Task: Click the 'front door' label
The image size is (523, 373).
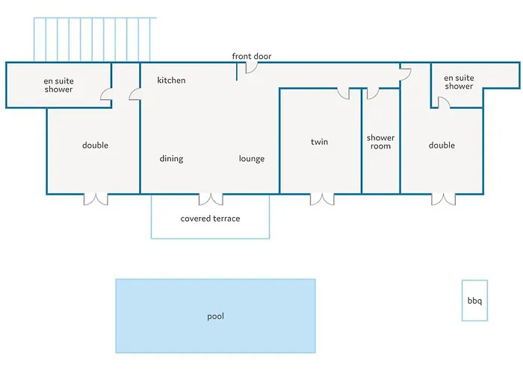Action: (x=252, y=56)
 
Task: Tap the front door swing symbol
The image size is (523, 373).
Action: (x=252, y=68)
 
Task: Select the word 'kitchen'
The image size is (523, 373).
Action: (x=171, y=81)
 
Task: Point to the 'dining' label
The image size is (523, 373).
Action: (x=171, y=159)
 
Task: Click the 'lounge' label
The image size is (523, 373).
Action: (x=252, y=159)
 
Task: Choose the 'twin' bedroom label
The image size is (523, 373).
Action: (x=319, y=142)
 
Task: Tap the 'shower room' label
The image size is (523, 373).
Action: (x=380, y=142)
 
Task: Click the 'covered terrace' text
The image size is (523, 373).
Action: (x=210, y=219)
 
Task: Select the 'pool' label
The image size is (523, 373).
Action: (x=215, y=316)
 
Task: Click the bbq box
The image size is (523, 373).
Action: (x=474, y=301)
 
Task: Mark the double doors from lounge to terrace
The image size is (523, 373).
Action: (x=211, y=199)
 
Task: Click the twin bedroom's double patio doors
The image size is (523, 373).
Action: (x=322, y=199)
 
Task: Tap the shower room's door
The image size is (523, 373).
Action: (x=373, y=94)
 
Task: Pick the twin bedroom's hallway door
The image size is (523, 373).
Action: (x=344, y=94)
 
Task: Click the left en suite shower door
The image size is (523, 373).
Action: (x=106, y=94)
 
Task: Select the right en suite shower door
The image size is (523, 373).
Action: (x=444, y=102)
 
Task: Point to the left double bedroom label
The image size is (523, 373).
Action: (x=95, y=145)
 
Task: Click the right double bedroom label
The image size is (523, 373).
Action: (x=442, y=145)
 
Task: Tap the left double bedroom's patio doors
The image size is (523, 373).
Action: (x=96, y=199)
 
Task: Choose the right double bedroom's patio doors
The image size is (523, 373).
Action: (x=443, y=199)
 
